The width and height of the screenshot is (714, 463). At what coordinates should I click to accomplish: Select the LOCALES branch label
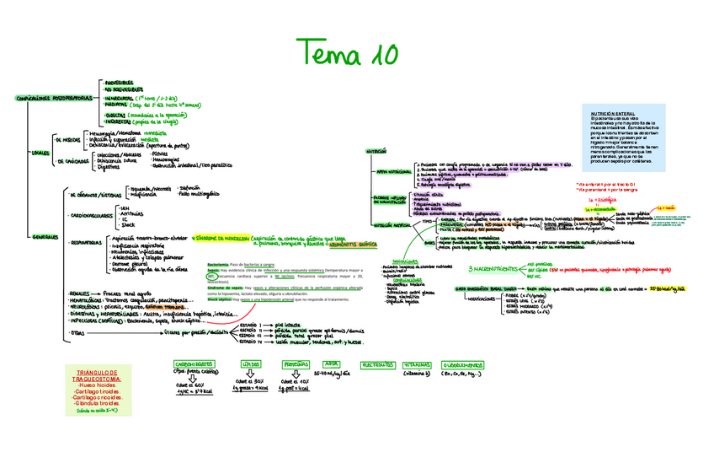pos(40,153)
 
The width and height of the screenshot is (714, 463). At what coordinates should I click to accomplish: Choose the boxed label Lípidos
pos(250,364)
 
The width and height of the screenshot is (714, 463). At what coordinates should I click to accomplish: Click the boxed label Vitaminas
pos(417,364)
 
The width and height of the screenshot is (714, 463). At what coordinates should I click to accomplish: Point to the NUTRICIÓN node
pos(376,151)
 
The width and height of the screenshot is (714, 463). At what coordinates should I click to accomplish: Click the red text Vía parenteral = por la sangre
pos(610,190)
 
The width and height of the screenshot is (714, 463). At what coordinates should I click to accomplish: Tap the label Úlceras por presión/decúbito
pos(199,332)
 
